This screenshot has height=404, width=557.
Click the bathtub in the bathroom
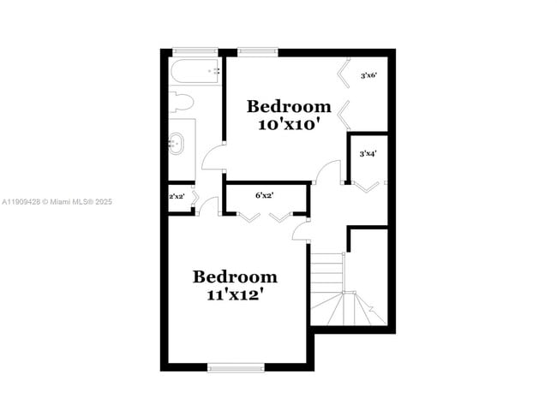click(x=195, y=72)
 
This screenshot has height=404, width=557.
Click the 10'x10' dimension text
click(x=289, y=123)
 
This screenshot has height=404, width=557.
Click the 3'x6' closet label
click(x=369, y=75)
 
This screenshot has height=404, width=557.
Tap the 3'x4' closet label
click(x=368, y=153)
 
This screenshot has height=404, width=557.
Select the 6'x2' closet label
click(x=264, y=195)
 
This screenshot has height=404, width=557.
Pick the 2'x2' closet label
click(x=177, y=197)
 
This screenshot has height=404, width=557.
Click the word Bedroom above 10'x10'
click(x=289, y=106)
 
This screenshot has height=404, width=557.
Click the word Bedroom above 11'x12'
click(x=235, y=276)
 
